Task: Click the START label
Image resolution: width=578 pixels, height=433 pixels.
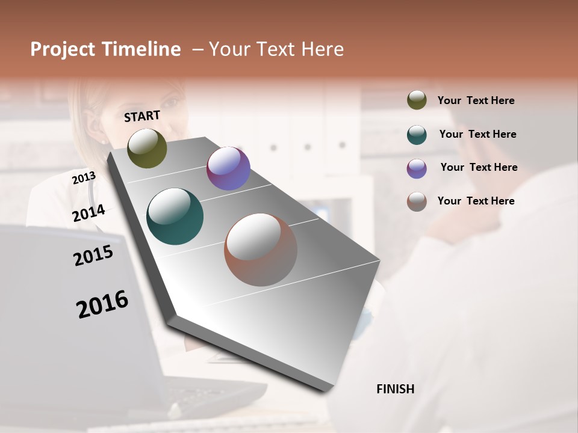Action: point(142,116)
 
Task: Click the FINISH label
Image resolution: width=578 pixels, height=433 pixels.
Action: point(396,389)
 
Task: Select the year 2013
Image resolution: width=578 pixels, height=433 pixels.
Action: point(84,178)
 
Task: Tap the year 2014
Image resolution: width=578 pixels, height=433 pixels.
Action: point(89,213)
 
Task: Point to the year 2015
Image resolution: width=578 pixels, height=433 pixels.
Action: point(93,256)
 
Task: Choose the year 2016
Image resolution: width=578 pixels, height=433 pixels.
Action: point(102,304)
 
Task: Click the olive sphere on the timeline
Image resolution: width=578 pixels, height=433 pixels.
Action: point(147,148)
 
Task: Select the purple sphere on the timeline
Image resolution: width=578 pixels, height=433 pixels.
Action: point(228,168)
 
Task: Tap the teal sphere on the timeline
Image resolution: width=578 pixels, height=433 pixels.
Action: point(175,216)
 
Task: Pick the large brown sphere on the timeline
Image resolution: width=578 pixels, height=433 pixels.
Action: point(261,250)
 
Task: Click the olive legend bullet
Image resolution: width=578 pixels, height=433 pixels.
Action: point(417,100)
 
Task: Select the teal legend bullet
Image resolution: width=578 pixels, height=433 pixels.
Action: point(417,135)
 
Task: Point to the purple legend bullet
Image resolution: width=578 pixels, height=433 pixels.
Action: point(417,168)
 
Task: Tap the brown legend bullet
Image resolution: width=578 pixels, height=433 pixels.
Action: point(417,201)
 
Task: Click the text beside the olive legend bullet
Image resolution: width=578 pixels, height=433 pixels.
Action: point(476,100)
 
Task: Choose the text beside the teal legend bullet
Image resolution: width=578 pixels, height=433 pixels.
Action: point(477,134)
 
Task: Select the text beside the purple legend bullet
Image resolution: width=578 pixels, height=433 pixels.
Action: point(479,167)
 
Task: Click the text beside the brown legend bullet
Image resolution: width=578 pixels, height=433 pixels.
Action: point(476,201)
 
